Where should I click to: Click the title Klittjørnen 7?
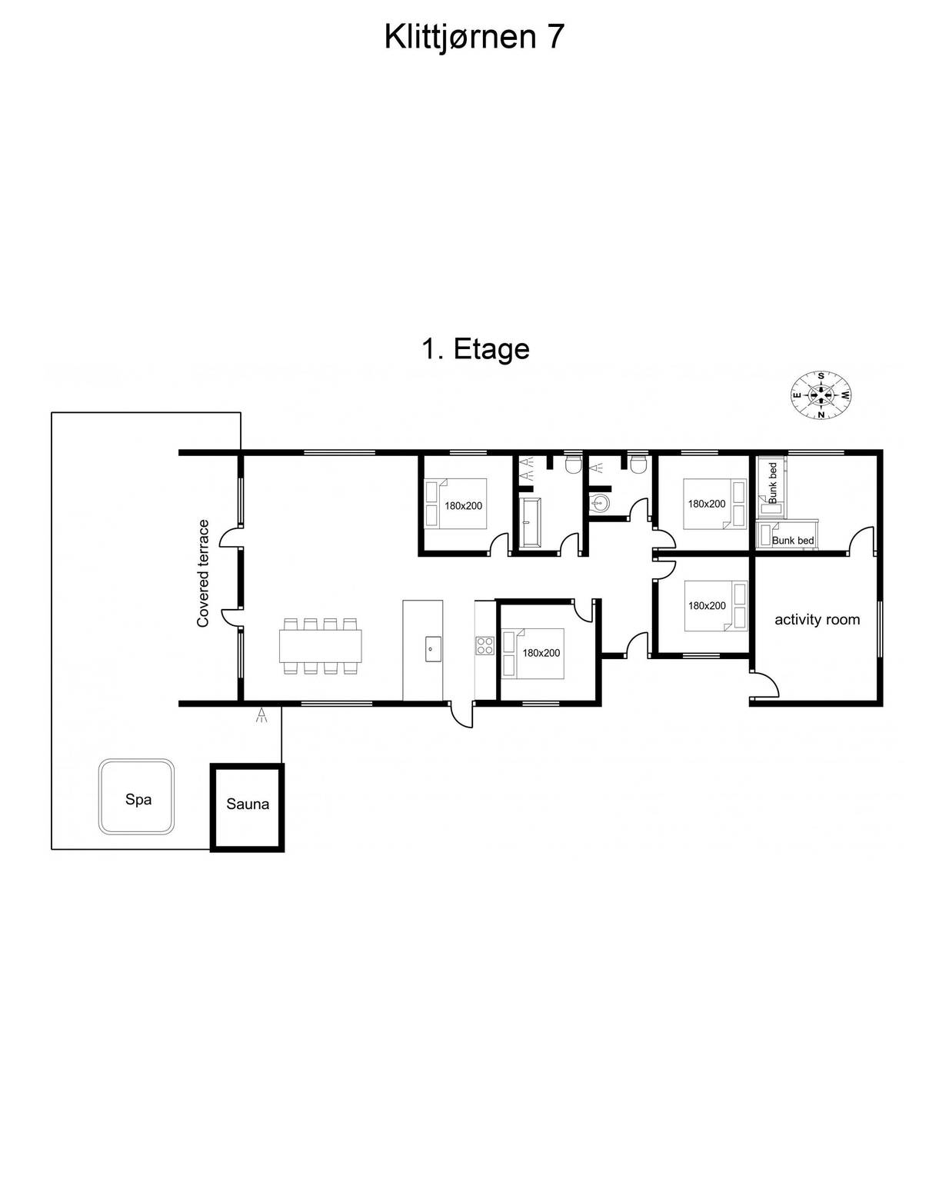click(x=474, y=38)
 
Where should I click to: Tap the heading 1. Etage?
click(x=475, y=350)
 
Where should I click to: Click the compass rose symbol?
click(x=821, y=395)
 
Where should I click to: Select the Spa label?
click(x=138, y=799)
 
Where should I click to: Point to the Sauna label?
click(x=248, y=804)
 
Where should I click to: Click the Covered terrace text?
click(x=203, y=573)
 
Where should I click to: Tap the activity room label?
click(x=817, y=620)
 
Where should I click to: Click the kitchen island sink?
click(x=433, y=648)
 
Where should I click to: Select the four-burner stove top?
click(x=484, y=645)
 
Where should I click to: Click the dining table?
click(x=320, y=646)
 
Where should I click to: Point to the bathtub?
click(x=531, y=522)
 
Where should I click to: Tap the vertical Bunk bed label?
click(x=773, y=483)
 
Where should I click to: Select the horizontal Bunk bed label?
click(x=792, y=541)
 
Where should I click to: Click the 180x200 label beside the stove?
click(x=541, y=653)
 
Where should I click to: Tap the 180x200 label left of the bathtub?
click(x=463, y=506)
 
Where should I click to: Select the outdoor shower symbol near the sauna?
click(x=262, y=714)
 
